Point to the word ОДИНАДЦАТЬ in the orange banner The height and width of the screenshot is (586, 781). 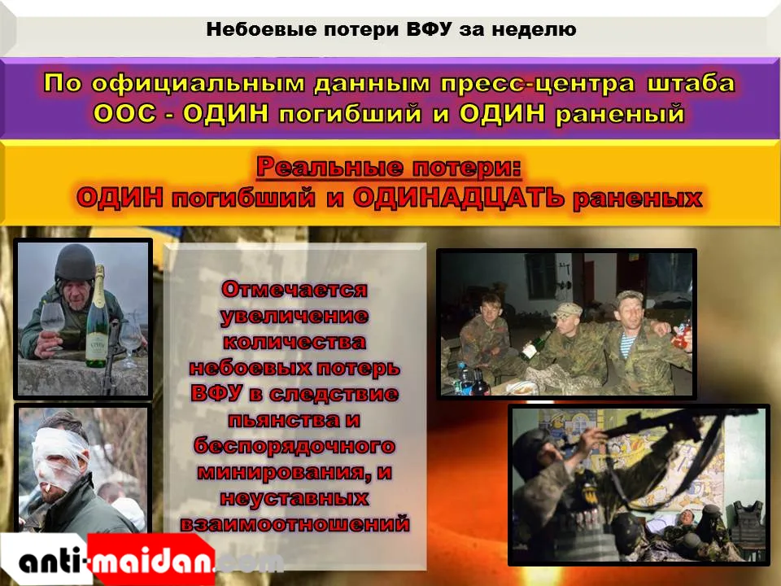click(458, 199)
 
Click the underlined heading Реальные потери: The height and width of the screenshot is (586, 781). click(389, 167)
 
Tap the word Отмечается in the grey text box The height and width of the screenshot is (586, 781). click(295, 289)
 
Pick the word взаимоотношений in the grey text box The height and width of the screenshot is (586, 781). click(295, 523)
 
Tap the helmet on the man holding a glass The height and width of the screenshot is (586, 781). click(75, 262)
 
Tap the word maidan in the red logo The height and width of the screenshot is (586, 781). click(151, 562)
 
